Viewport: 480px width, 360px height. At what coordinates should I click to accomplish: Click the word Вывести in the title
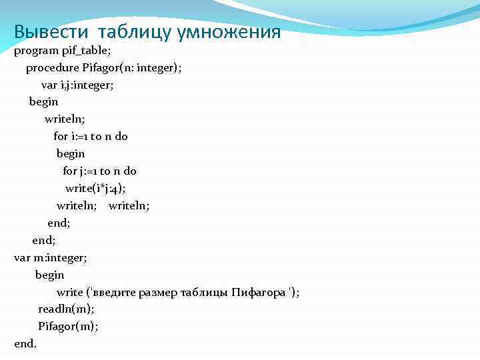click(x=53, y=32)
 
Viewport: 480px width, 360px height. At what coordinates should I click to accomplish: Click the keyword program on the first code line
click(x=37, y=51)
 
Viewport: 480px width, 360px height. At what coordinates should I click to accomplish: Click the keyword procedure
click(x=52, y=67)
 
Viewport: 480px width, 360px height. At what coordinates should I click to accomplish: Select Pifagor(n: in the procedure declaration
click(x=108, y=67)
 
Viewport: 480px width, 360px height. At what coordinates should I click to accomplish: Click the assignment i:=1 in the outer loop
click(x=79, y=136)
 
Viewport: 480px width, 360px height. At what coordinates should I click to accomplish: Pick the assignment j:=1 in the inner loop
click(x=88, y=171)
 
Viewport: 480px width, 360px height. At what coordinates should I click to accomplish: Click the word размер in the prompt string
click(x=159, y=292)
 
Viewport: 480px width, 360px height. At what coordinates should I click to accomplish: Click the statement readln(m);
click(x=66, y=309)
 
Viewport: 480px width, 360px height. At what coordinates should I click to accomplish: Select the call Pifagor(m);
click(x=68, y=326)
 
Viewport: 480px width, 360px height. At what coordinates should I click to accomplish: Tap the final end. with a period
click(x=25, y=343)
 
